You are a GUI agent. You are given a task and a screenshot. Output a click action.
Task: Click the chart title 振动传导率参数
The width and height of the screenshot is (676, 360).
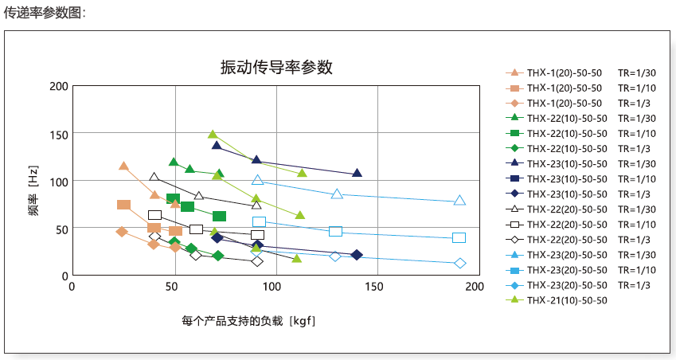[275, 68]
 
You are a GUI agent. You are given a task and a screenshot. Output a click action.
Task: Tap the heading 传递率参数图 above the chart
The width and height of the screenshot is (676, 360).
[45, 12]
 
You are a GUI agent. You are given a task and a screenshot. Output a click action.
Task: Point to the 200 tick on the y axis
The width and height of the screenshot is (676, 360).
[58, 86]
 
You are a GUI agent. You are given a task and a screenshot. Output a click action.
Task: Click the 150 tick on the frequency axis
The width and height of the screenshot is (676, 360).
[58, 133]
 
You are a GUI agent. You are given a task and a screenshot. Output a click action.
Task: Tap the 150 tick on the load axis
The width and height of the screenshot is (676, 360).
[375, 287]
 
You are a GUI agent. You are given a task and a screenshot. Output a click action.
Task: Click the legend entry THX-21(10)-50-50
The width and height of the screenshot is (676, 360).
[567, 300]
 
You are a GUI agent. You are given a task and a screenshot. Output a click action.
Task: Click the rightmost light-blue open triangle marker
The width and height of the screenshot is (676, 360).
[459, 201]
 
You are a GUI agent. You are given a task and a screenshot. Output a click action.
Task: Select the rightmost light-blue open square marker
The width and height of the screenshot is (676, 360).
[459, 237]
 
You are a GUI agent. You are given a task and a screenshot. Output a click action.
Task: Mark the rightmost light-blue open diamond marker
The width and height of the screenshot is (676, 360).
[459, 264]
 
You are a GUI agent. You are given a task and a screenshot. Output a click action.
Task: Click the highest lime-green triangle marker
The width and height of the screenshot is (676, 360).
[213, 135]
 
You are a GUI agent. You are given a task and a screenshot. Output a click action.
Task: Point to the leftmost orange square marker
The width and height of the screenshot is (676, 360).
[123, 205]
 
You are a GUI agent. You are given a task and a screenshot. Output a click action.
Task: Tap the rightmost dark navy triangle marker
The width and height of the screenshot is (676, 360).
[357, 174]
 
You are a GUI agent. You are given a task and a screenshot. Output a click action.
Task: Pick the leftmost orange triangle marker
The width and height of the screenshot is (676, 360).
[123, 166]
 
